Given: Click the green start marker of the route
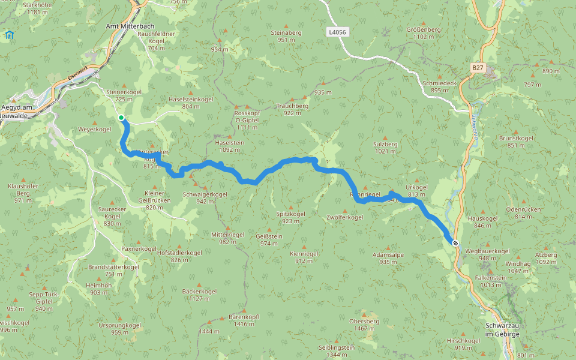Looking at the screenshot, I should pyautogui.click(x=121, y=118).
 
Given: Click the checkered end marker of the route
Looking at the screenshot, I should pyautogui.click(x=456, y=243).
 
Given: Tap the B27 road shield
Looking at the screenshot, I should pyautogui.click(x=478, y=68).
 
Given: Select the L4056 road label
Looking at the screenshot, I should pyautogui.click(x=337, y=31).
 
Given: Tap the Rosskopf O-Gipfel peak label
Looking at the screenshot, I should pyautogui.click(x=247, y=120).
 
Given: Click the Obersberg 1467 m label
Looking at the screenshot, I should pyautogui.click(x=364, y=325).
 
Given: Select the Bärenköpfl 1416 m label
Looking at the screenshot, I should pyautogui.click(x=244, y=320).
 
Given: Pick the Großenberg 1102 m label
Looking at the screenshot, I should pyautogui.click(x=424, y=33).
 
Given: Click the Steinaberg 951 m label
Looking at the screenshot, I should pyautogui.click(x=286, y=36).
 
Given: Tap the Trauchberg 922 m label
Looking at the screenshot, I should pyautogui.click(x=293, y=109).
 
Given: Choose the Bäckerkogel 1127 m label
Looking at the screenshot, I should pyautogui.click(x=199, y=295).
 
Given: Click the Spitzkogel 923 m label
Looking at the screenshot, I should pyautogui.click(x=290, y=217).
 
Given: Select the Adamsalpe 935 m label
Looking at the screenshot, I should pyautogui.click(x=388, y=258).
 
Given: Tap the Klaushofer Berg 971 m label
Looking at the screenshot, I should pyautogui.click(x=23, y=193).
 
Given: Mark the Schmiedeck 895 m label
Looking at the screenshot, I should pyautogui.click(x=439, y=86).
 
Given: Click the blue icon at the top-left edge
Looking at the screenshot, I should pyautogui.click(x=9, y=35).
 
